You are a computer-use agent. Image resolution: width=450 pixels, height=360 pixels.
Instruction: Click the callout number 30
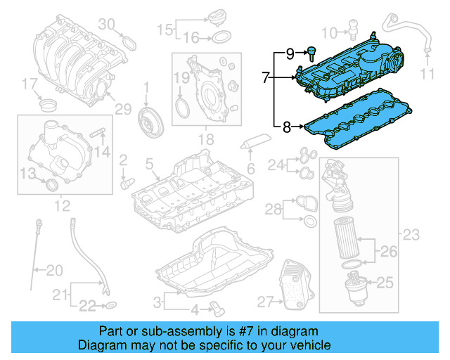[106, 25]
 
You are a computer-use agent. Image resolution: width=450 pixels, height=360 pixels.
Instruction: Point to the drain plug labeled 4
[218, 308]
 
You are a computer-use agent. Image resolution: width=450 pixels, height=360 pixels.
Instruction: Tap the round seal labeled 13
[50, 184]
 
